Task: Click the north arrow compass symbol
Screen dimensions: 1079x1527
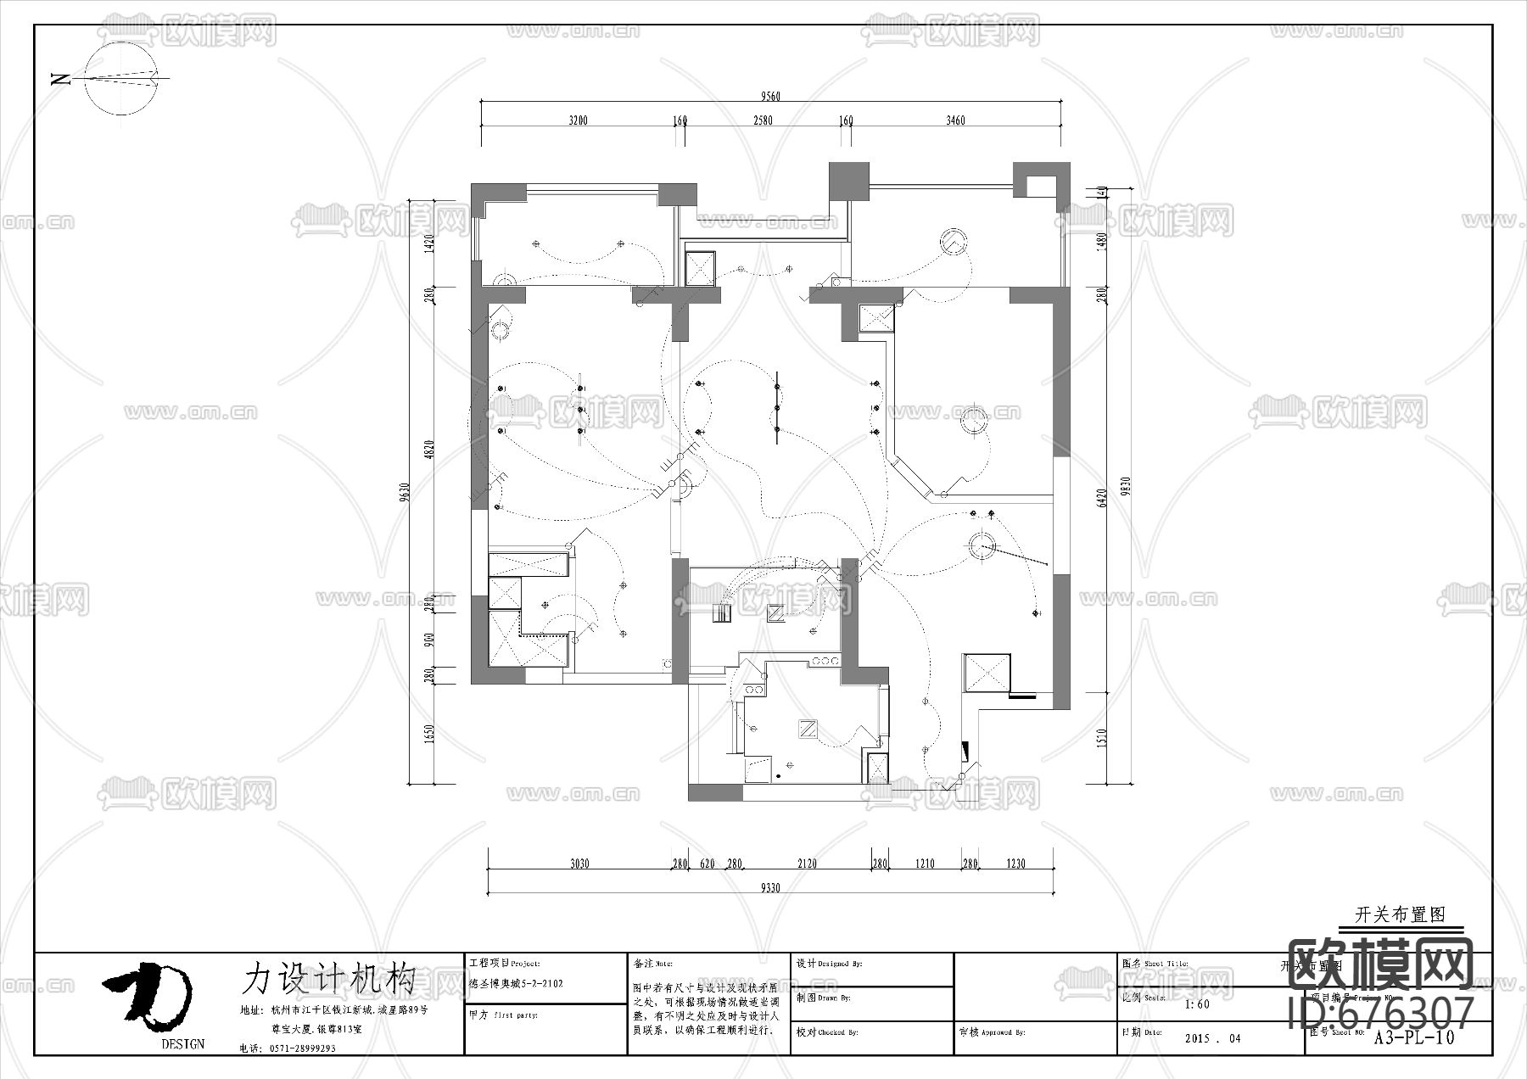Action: pyautogui.click(x=122, y=78)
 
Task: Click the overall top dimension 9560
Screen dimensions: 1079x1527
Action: pyautogui.click(x=770, y=96)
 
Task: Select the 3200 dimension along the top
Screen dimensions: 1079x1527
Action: pyautogui.click(x=578, y=120)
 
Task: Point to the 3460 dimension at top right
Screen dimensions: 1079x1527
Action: pyautogui.click(x=955, y=120)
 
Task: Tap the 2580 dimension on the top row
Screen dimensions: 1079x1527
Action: pyautogui.click(x=763, y=120)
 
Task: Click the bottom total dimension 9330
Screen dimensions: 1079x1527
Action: pyautogui.click(x=769, y=887)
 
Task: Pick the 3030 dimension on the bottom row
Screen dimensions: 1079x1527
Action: pyautogui.click(x=579, y=864)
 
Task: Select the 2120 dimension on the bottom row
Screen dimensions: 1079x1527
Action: pyautogui.click(x=807, y=864)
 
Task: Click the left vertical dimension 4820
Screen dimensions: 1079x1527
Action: pyautogui.click(x=429, y=450)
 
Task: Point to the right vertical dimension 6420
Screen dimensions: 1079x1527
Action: pyautogui.click(x=1102, y=497)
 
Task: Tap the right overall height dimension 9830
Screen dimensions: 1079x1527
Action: pyautogui.click(x=1126, y=485)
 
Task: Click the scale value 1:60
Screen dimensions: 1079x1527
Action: pyautogui.click(x=1197, y=1004)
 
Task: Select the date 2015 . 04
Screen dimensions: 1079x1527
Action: pyautogui.click(x=1212, y=1038)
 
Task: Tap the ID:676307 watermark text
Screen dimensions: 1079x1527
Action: pyautogui.click(x=1381, y=1013)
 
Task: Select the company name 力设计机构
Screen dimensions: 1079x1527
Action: pyautogui.click(x=328, y=978)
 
